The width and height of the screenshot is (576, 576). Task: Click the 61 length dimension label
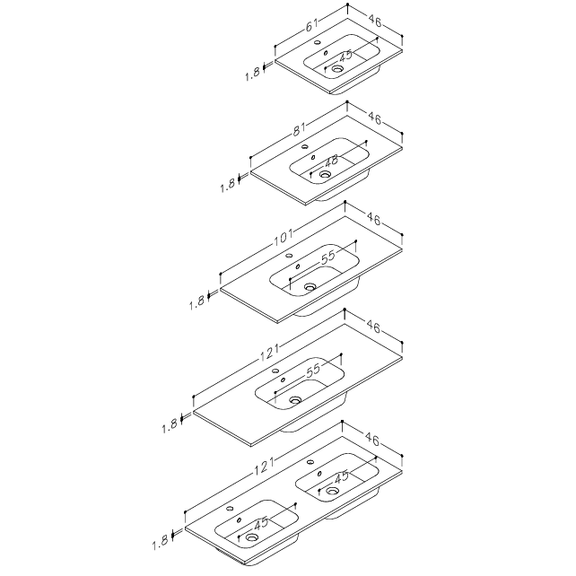(x=311, y=25)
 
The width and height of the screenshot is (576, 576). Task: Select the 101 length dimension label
(x=284, y=237)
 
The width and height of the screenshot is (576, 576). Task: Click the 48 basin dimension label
(x=332, y=161)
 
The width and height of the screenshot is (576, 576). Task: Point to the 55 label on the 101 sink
(x=328, y=257)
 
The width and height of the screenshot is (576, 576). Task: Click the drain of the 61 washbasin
(x=336, y=68)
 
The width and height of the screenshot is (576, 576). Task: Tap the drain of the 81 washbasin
(x=325, y=174)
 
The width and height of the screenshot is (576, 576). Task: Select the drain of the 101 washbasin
(x=310, y=286)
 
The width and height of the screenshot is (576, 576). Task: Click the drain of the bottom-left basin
(x=251, y=537)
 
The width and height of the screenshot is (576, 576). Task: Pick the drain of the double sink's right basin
(x=332, y=490)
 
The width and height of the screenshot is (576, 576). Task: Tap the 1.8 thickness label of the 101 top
(x=196, y=302)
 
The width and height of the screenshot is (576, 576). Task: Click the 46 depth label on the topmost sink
(x=374, y=21)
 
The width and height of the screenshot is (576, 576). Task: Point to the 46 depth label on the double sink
(x=371, y=439)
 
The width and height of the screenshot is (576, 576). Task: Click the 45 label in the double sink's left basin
(x=261, y=523)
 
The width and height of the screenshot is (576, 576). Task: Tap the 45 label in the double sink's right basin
(x=342, y=476)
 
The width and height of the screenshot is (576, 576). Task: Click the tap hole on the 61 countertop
(x=318, y=42)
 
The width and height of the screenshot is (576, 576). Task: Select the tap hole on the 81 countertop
(x=304, y=147)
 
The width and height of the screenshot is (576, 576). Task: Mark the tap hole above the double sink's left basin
(x=230, y=509)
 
